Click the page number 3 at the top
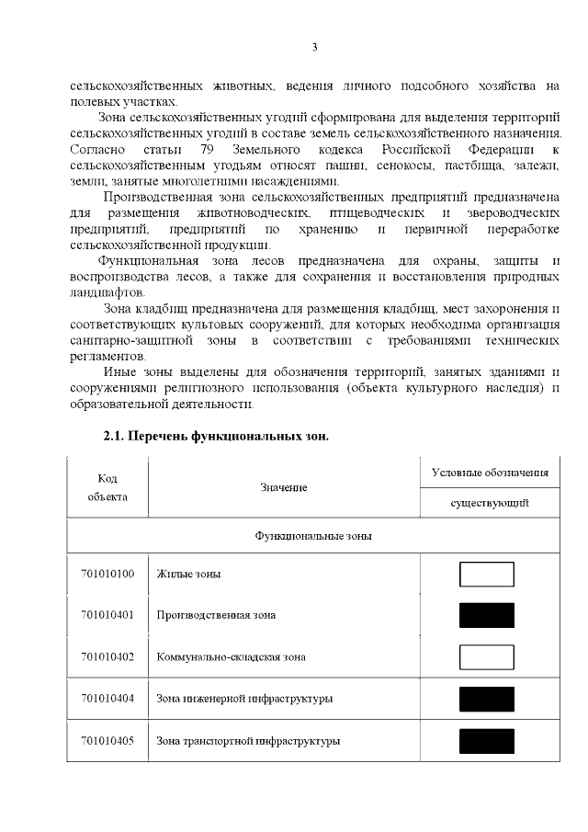point(314,47)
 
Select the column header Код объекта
point(107,487)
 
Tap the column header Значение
point(283,487)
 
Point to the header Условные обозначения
point(490,473)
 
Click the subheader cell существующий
point(490,503)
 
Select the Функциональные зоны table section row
point(313,535)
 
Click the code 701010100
point(107,574)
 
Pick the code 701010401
point(107,615)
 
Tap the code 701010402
point(107,657)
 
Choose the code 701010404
point(107,699)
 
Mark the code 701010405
point(107,740)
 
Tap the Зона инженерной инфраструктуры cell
point(244,699)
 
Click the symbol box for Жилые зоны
point(486,574)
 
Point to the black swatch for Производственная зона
point(486,615)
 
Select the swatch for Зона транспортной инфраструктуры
point(486,741)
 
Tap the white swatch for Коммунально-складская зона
point(486,657)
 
